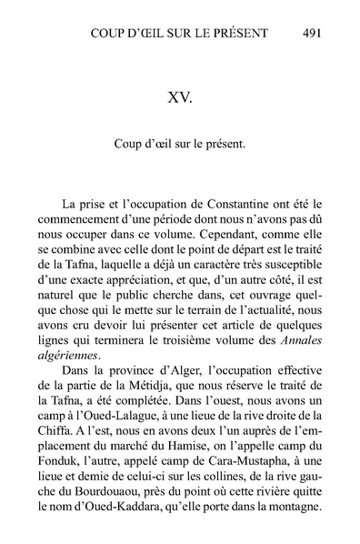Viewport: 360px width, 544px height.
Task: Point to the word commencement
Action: tap(88, 223)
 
